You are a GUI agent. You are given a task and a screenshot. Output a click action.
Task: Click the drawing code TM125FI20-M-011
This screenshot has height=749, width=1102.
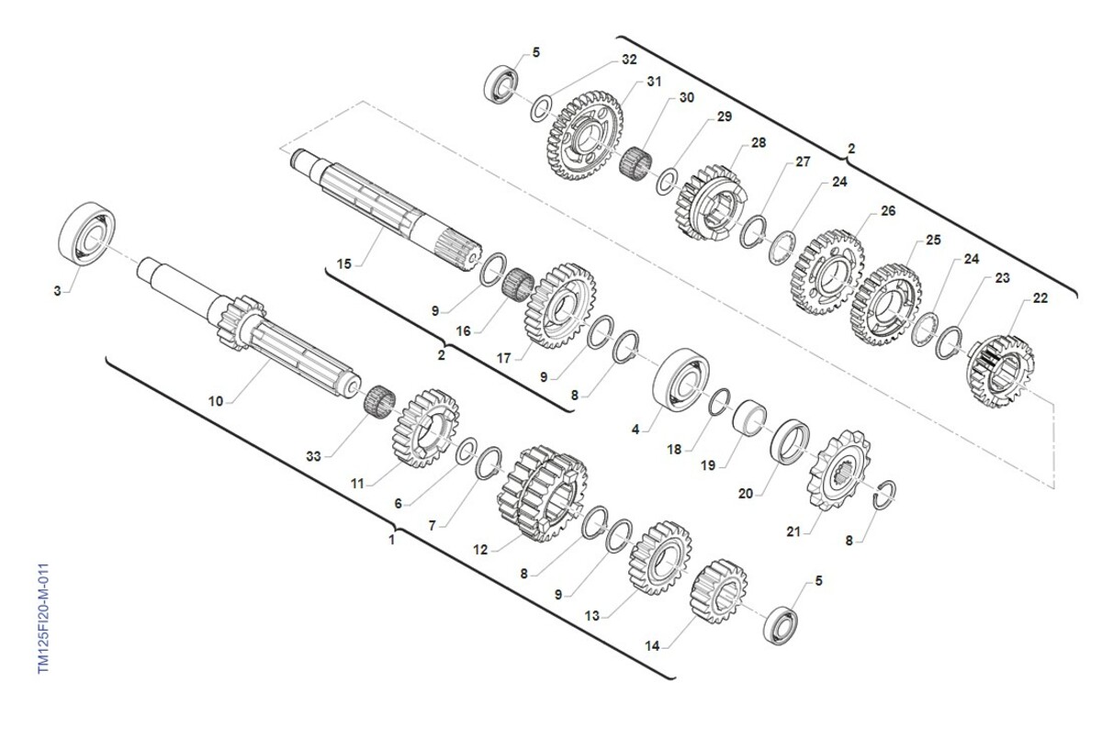[x=44, y=619]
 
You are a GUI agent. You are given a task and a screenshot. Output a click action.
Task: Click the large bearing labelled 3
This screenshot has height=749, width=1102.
[x=87, y=233]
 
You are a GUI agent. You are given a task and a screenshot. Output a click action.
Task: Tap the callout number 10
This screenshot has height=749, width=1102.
[x=216, y=401]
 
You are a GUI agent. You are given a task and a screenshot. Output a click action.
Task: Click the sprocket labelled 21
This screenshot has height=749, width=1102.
[x=838, y=470]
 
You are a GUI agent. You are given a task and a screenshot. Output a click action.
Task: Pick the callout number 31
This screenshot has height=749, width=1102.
[x=654, y=82]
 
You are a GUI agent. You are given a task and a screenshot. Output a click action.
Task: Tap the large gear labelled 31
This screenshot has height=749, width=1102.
[x=584, y=135]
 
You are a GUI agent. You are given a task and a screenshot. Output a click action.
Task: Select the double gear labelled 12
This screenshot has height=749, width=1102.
[x=542, y=493]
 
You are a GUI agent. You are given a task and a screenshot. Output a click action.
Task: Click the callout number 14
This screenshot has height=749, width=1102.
[x=652, y=645]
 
